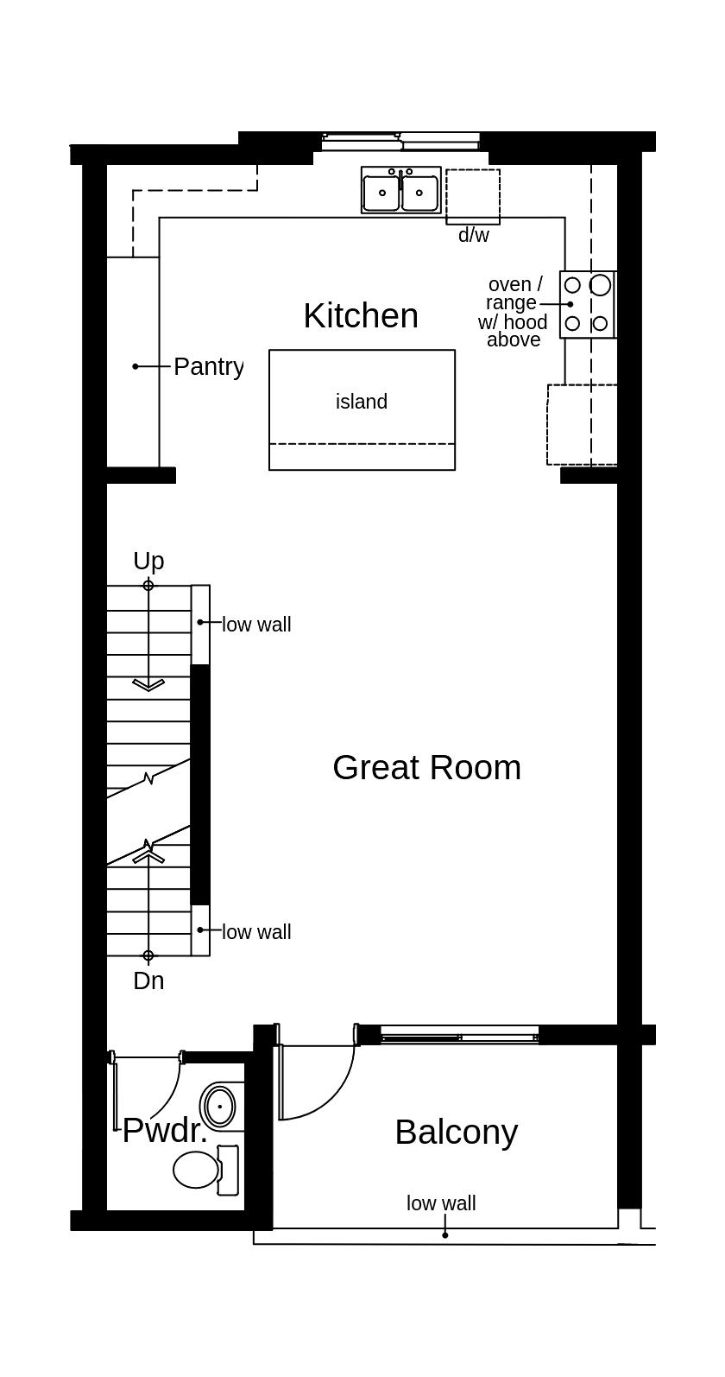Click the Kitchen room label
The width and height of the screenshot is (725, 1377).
coord(361,316)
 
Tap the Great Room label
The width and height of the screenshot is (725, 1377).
coord(426,768)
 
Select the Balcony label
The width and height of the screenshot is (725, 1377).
coord(456,1132)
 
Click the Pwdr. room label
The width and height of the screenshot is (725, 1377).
coord(165,1131)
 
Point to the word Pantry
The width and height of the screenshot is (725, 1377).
coord(208,366)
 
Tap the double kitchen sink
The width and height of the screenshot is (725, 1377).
coord(400,191)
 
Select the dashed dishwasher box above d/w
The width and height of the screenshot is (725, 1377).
coord(473,196)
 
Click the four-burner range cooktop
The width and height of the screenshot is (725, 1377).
coord(587,304)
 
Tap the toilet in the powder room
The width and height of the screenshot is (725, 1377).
coord(199,1170)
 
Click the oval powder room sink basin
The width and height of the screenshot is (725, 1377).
coord(221,1106)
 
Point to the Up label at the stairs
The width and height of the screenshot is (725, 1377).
coord(148,562)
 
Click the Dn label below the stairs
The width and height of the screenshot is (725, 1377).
coord(148,981)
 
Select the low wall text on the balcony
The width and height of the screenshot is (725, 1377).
coord(441,1203)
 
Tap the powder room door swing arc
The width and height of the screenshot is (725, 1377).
coord(169,1095)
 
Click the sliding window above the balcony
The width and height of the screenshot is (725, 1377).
coord(459,1035)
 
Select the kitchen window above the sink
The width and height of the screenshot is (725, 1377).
coord(400,140)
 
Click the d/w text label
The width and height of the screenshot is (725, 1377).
coord(473,235)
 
